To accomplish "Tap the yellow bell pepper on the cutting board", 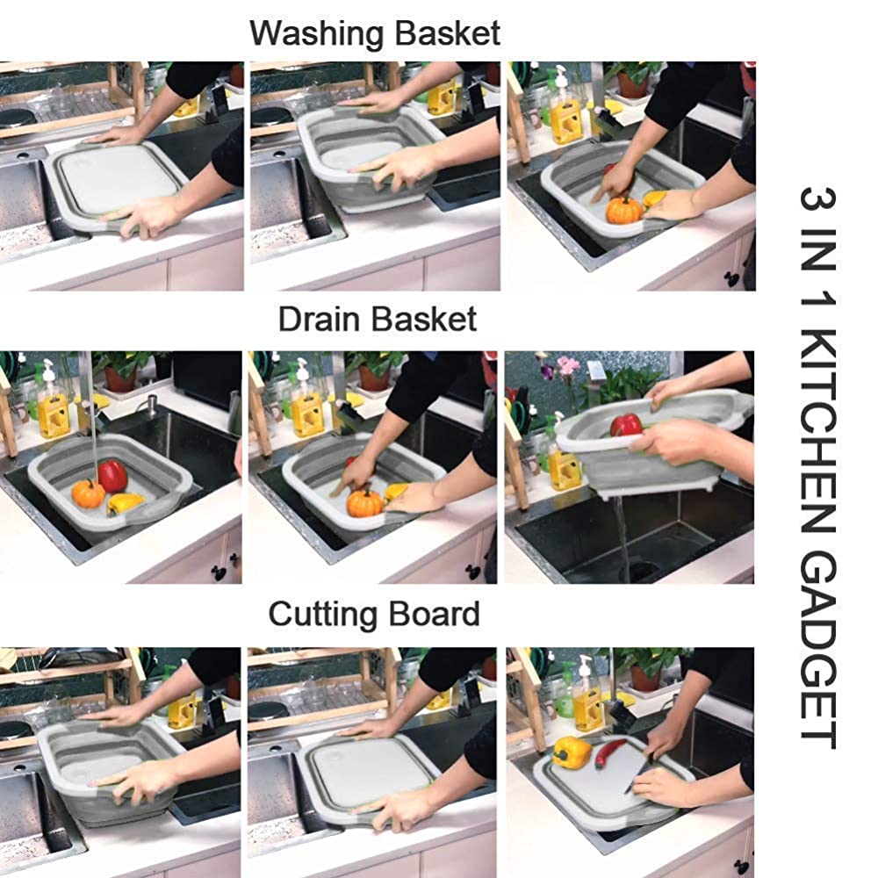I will [572, 752].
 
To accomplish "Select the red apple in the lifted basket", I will [626, 425].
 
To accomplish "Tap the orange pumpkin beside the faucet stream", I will [88, 493].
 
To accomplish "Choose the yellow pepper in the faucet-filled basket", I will [126, 503].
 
